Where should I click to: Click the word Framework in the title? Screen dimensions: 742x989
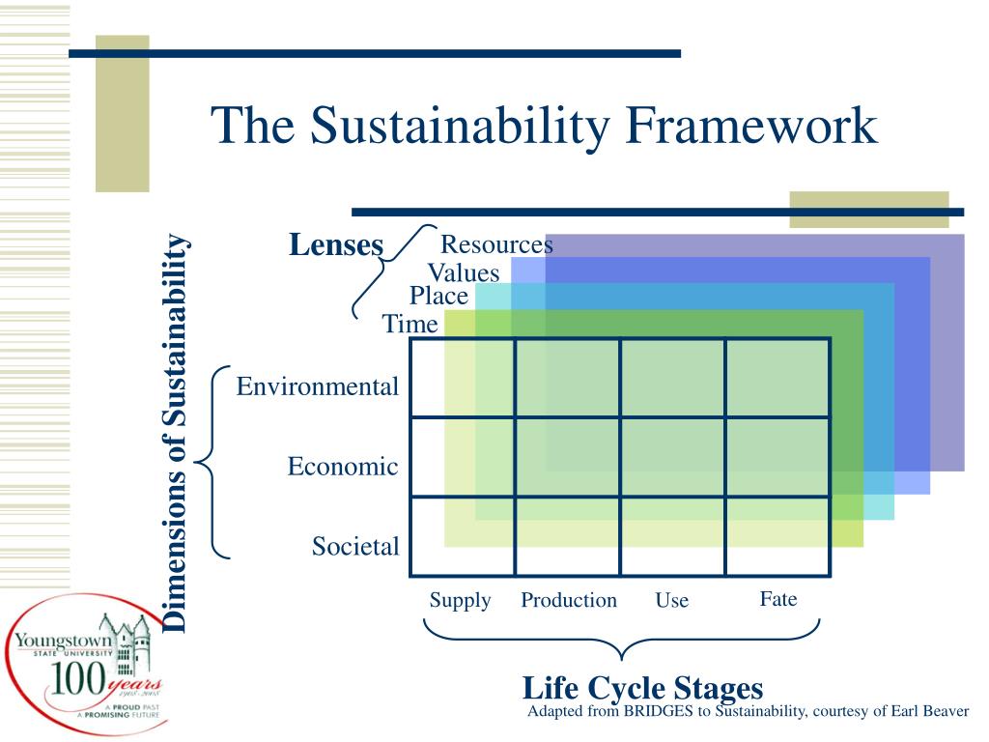click(x=753, y=127)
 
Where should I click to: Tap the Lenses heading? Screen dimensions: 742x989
click(x=336, y=245)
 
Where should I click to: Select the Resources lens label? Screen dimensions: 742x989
click(x=496, y=244)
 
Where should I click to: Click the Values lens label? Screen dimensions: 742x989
click(x=464, y=272)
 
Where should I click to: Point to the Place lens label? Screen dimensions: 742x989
click(x=438, y=297)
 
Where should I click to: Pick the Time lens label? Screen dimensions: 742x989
click(x=410, y=325)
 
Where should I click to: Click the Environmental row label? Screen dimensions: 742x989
click(x=318, y=387)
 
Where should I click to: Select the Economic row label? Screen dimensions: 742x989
click(x=343, y=467)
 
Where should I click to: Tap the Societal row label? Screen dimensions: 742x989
click(x=354, y=547)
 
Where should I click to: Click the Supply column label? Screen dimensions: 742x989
click(x=460, y=600)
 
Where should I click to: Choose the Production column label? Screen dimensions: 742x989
click(x=569, y=600)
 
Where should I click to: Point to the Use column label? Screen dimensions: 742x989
click(x=671, y=600)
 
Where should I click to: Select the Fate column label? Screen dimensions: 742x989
click(x=777, y=599)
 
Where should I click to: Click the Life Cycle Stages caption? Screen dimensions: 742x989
click(x=642, y=688)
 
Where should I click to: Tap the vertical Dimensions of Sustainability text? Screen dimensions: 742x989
click(x=175, y=433)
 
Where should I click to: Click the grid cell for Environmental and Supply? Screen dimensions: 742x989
click(x=463, y=378)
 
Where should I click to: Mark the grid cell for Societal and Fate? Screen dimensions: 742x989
click(x=777, y=535)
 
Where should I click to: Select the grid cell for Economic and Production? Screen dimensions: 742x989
click(x=568, y=457)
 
